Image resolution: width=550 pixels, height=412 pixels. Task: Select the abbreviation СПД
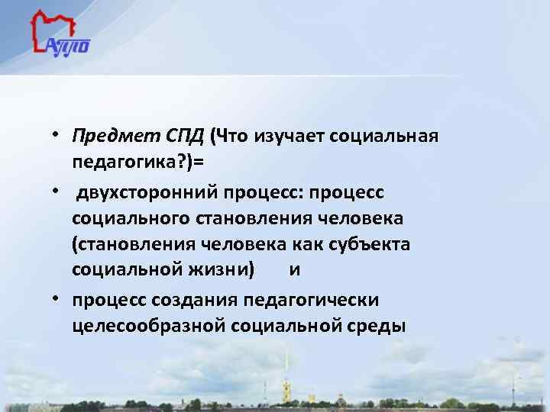point(185,137)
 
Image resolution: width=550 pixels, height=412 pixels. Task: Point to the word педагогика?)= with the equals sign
point(144,163)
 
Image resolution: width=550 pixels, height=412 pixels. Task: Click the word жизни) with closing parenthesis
point(232,271)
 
